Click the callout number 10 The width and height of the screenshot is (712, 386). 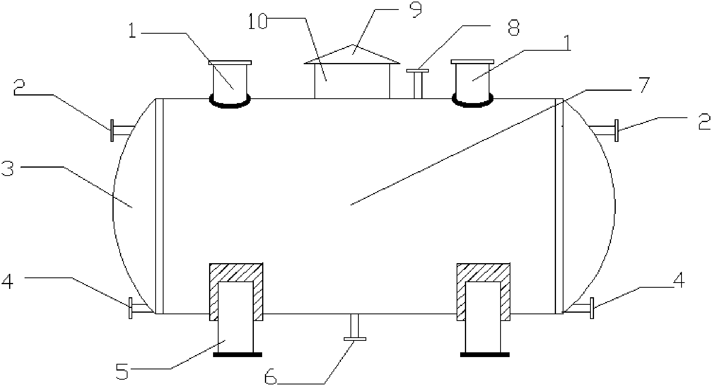point(257,22)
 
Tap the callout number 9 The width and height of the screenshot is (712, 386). point(415,10)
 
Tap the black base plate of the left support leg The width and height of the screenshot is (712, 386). point(237,354)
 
